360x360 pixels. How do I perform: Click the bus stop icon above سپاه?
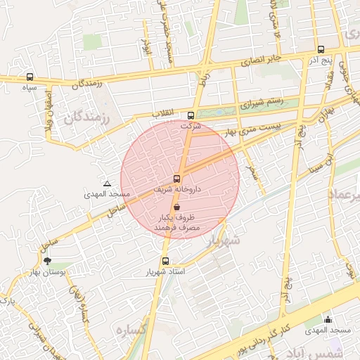[30, 77]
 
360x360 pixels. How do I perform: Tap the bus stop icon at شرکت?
[191, 116]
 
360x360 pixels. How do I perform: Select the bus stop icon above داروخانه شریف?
[176, 179]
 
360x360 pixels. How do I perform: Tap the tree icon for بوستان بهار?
[47, 261]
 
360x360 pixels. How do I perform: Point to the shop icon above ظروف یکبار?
[176, 207]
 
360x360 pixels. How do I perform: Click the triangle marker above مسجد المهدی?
[107, 184]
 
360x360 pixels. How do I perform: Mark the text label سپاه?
[30, 88]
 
